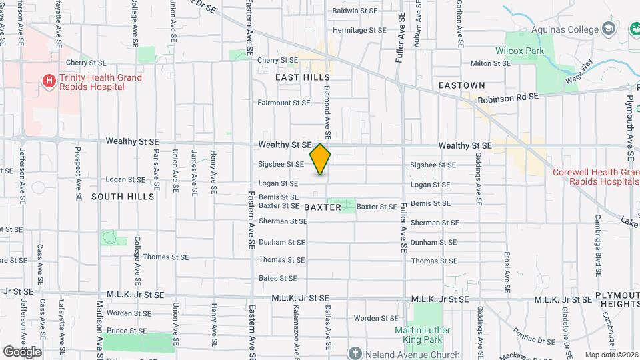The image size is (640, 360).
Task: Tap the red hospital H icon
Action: (x=49, y=82)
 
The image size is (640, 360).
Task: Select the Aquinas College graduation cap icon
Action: (x=608, y=29)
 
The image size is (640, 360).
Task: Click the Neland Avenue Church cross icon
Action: (x=355, y=354)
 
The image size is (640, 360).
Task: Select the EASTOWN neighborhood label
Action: (x=461, y=85)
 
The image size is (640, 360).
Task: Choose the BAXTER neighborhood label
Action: (x=323, y=207)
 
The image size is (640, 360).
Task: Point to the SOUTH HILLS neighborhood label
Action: (x=123, y=197)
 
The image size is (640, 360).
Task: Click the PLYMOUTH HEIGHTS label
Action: (x=617, y=299)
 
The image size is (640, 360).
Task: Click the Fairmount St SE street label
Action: (x=284, y=103)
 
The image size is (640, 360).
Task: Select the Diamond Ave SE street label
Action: (x=327, y=107)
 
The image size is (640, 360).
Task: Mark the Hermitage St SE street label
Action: (x=359, y=30)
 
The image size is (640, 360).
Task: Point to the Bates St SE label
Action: (x=278, y=278)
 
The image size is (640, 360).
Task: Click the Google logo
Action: (x=22, y=351)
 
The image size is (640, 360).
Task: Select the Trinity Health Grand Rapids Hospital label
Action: (x=101, y=82)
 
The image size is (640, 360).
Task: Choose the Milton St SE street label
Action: (x=490, y=63)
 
